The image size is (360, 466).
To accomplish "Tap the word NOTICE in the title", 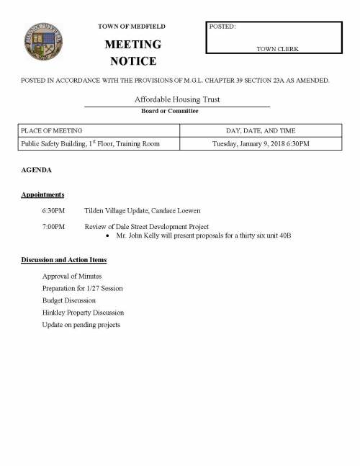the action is coord(132,61).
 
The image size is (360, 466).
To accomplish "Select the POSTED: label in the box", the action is coord(222,27).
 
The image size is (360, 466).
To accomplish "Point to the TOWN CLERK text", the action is coord(277,48).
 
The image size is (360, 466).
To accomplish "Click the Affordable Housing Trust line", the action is coord(177,99).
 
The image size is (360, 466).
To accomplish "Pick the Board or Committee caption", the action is coord(170,111).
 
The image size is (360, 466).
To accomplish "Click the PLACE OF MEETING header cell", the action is coord(52,130).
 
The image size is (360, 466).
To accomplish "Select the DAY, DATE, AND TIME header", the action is coord(261,130).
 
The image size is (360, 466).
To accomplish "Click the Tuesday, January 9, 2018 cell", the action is coord(261,144).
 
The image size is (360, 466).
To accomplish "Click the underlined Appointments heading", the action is coord(42,194).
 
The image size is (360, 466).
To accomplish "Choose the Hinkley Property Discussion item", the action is coord(83,313).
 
